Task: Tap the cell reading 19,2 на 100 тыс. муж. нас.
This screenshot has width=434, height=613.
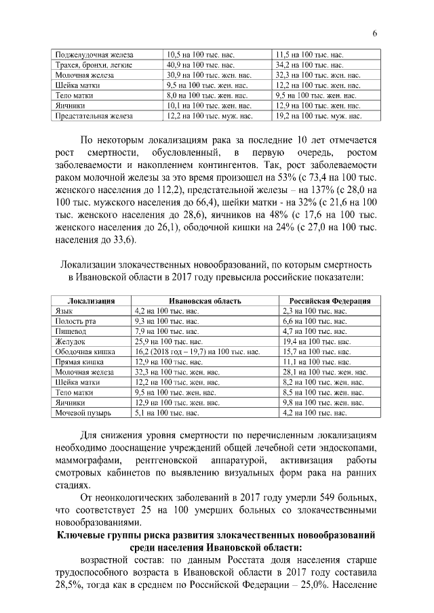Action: tap(317, 116)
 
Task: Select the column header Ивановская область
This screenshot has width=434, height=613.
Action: tap(205, 300)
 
